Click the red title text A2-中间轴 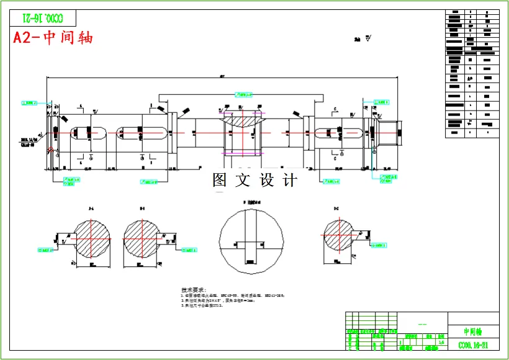click(x=53, y=37)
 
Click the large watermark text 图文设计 click(x=254, y=181)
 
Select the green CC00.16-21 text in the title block click(x=472, y=344)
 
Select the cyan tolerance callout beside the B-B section click(x=190, y=250)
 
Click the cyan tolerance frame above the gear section click(x=243, y=94)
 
